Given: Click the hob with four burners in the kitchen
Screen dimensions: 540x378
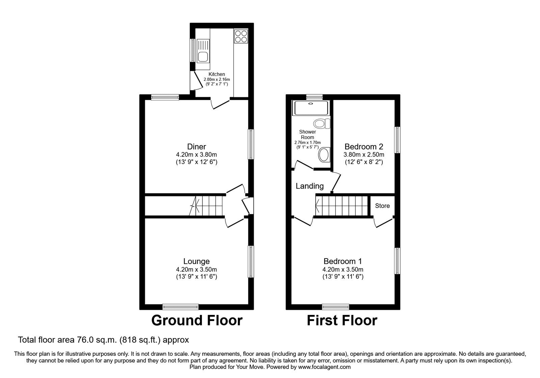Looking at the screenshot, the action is (241, 36).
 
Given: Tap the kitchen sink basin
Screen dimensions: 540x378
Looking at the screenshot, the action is (203, 57).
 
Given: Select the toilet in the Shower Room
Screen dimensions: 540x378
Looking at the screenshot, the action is (322, 124).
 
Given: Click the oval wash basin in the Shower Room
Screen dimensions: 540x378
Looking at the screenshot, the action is (324, 155).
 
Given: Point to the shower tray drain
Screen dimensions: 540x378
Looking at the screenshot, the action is (310, 104).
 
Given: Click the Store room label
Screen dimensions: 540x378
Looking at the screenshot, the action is (382, 206).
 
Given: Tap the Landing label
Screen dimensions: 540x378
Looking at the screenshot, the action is (309, 186).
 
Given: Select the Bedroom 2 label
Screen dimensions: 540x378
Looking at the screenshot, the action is (364, 146).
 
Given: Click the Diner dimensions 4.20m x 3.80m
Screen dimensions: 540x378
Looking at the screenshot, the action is (196, 154).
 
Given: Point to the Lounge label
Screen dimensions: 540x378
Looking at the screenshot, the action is (196, 261).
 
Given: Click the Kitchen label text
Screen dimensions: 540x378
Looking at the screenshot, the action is (217, 74).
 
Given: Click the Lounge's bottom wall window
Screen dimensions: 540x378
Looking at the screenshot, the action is (181, 307).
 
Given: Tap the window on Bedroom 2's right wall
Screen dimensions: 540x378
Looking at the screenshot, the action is (397, 140).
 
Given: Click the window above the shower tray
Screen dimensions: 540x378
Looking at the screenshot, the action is (314, 97).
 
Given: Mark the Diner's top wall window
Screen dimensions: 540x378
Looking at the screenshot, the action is (165, 97).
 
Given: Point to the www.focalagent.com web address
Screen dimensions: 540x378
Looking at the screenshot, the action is (324, 367).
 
